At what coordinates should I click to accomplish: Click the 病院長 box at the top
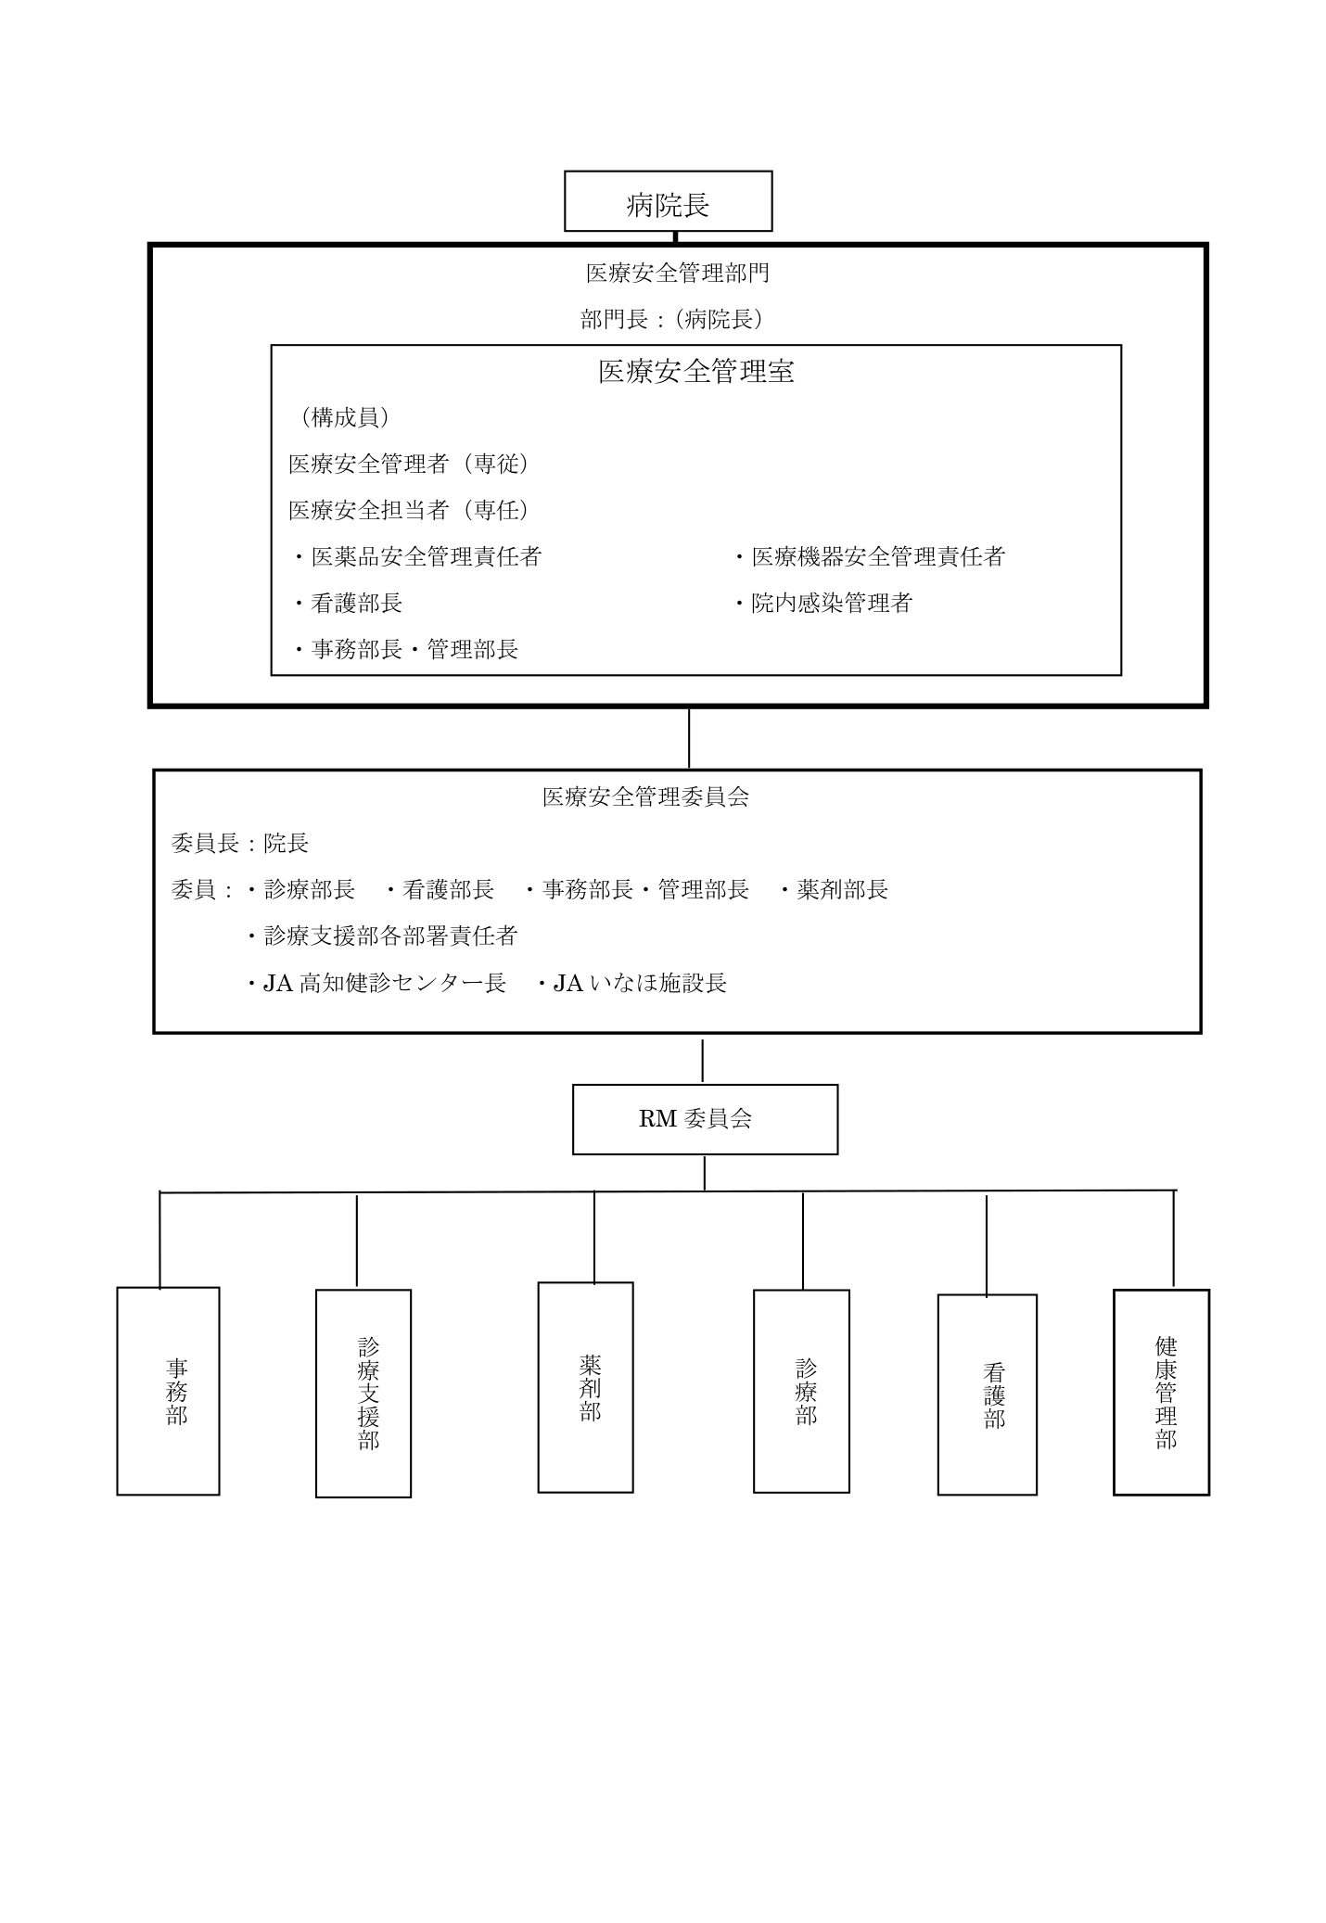point(668,201)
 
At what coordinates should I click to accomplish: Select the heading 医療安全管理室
point(695,372)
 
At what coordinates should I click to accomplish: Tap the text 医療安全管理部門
point(677,273)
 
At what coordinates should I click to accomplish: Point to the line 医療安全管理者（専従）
point(410,464)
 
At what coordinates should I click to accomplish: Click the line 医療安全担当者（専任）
point(410,510)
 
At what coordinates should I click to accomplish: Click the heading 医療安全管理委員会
point(645,796)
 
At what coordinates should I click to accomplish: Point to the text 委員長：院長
point(240,843)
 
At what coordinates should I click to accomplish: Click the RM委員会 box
point(705,1119)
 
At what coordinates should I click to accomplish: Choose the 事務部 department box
point(168,1391)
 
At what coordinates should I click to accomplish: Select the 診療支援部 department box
point(363,1394)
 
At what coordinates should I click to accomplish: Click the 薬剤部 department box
point(585,1388)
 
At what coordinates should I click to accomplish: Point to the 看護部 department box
point(987,1394)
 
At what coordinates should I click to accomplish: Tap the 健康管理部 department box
point(1161,1392)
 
